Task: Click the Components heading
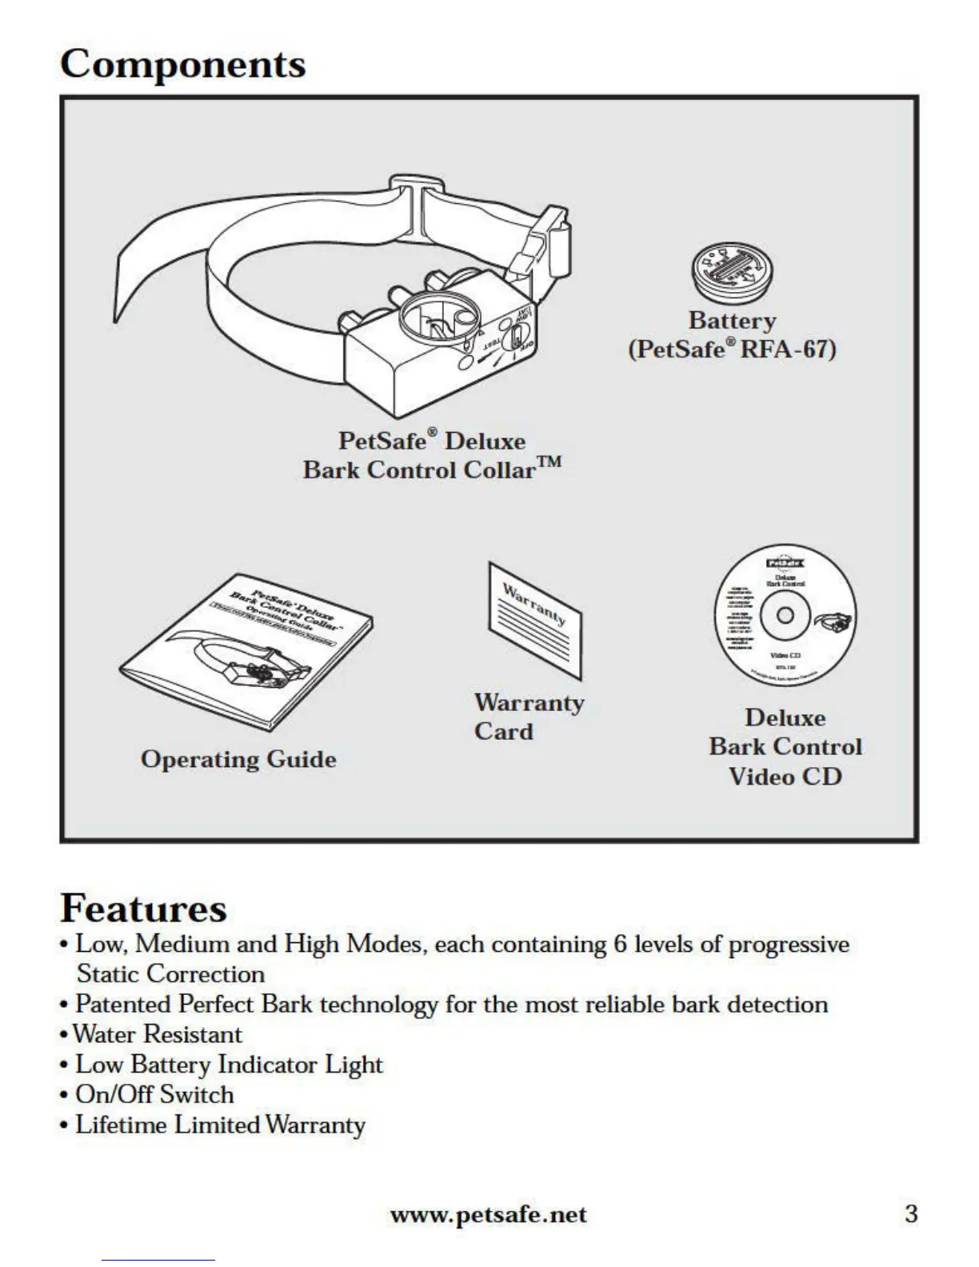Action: click(182, 65)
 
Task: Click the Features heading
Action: click(143, 908)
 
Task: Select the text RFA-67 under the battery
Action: click(788, 350)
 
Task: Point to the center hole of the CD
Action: click(785, 614)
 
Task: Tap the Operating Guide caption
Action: click(238, 759)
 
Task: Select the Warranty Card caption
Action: click(528, 717)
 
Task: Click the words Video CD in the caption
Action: click(785, 777)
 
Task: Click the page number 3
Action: click(910, 1213)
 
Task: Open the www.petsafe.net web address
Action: click(488, 1215)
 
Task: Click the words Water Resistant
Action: click(158, 1034)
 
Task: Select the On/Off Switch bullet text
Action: click(154, 1094)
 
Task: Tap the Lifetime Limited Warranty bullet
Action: click(220, 1125)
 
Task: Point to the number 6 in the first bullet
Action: click(620, 944)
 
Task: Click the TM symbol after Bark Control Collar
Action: click(549, 463)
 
